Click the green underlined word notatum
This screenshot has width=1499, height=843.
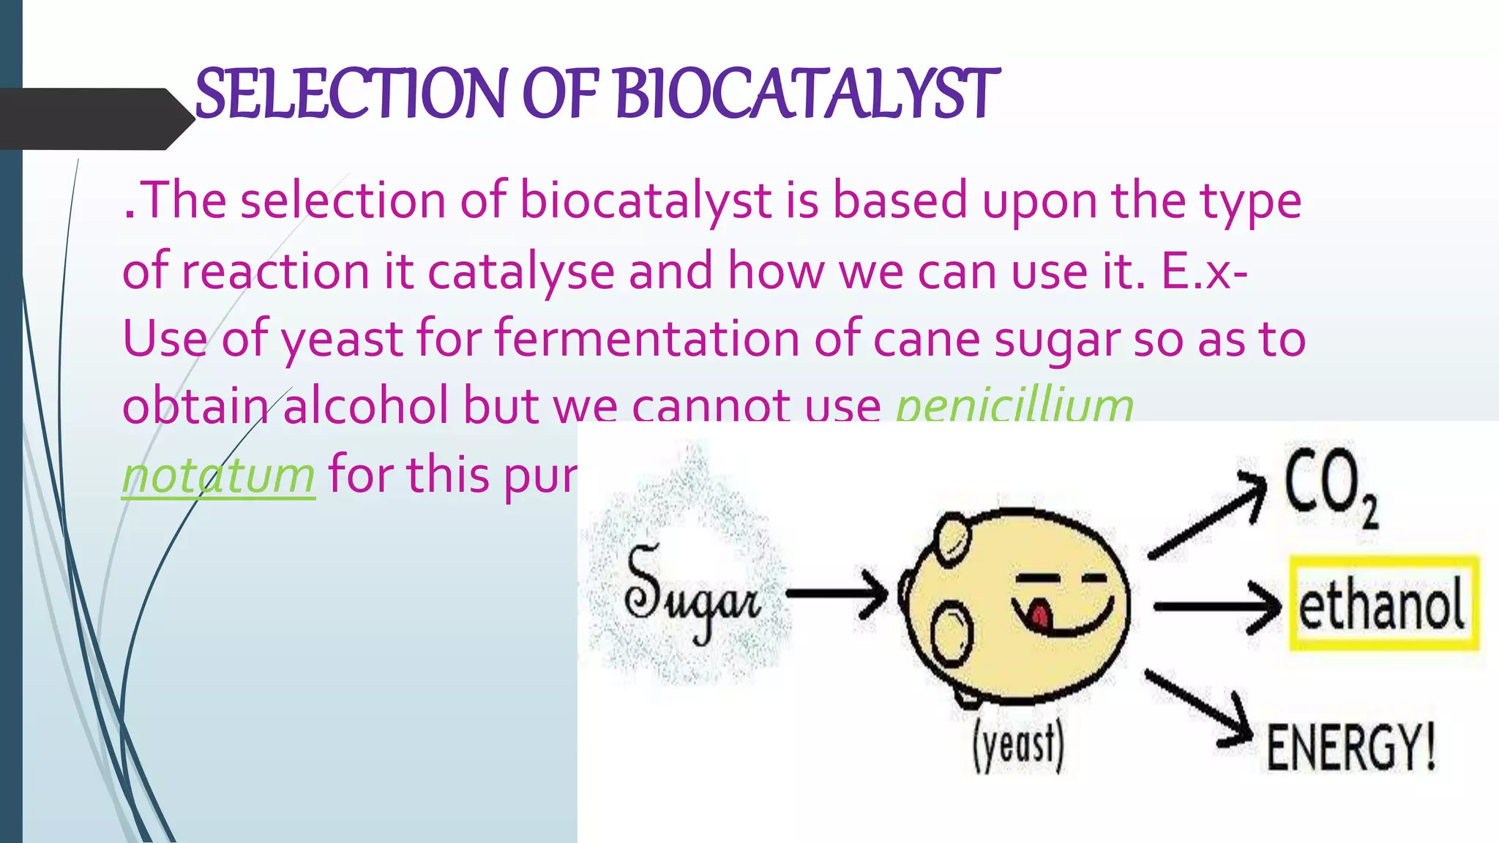(x=218, y=476)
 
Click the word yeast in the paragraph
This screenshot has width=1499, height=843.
(x=341, y=340)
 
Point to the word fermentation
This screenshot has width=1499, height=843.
(x=646, y=339)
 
